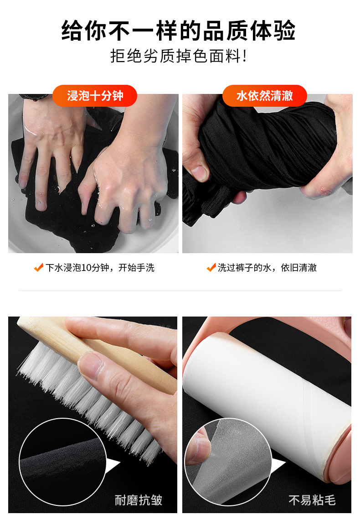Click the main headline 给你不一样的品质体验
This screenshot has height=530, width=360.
tap(178, 31)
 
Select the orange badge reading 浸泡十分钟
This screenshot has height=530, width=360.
tap(95, 96)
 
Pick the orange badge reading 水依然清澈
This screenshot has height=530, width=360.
tap(265, 96)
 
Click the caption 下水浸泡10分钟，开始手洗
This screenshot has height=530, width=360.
tap(100, 268)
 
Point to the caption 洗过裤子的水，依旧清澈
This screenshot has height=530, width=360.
tap(267, 268)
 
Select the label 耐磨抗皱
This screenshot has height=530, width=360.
tap(139, 500)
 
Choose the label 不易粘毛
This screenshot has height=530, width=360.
tap(312, 500)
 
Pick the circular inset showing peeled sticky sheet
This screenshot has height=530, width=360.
tap(228, 462)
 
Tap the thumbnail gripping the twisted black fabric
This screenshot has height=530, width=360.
tap(200, 172)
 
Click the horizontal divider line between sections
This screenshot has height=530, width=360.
tap(180, 291)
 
